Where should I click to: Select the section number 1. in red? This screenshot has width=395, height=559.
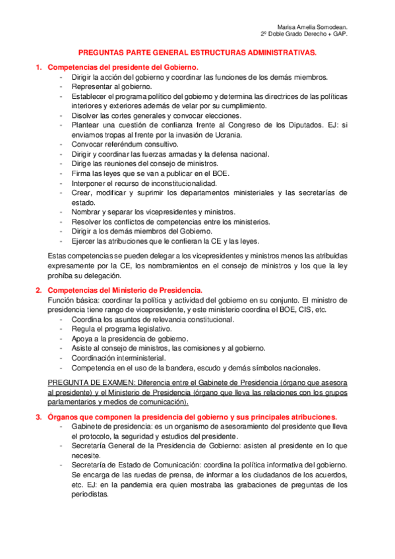[x=39, y=67]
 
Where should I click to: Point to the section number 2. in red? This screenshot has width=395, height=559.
[x=39, y=290]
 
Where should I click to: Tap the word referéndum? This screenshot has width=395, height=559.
[x=127, y=144]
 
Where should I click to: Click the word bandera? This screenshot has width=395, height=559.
[x=174, y=368]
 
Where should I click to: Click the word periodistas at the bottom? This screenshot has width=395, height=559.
[x=89, y=494]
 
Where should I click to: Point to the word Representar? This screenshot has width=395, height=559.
[x=93, y=86]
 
